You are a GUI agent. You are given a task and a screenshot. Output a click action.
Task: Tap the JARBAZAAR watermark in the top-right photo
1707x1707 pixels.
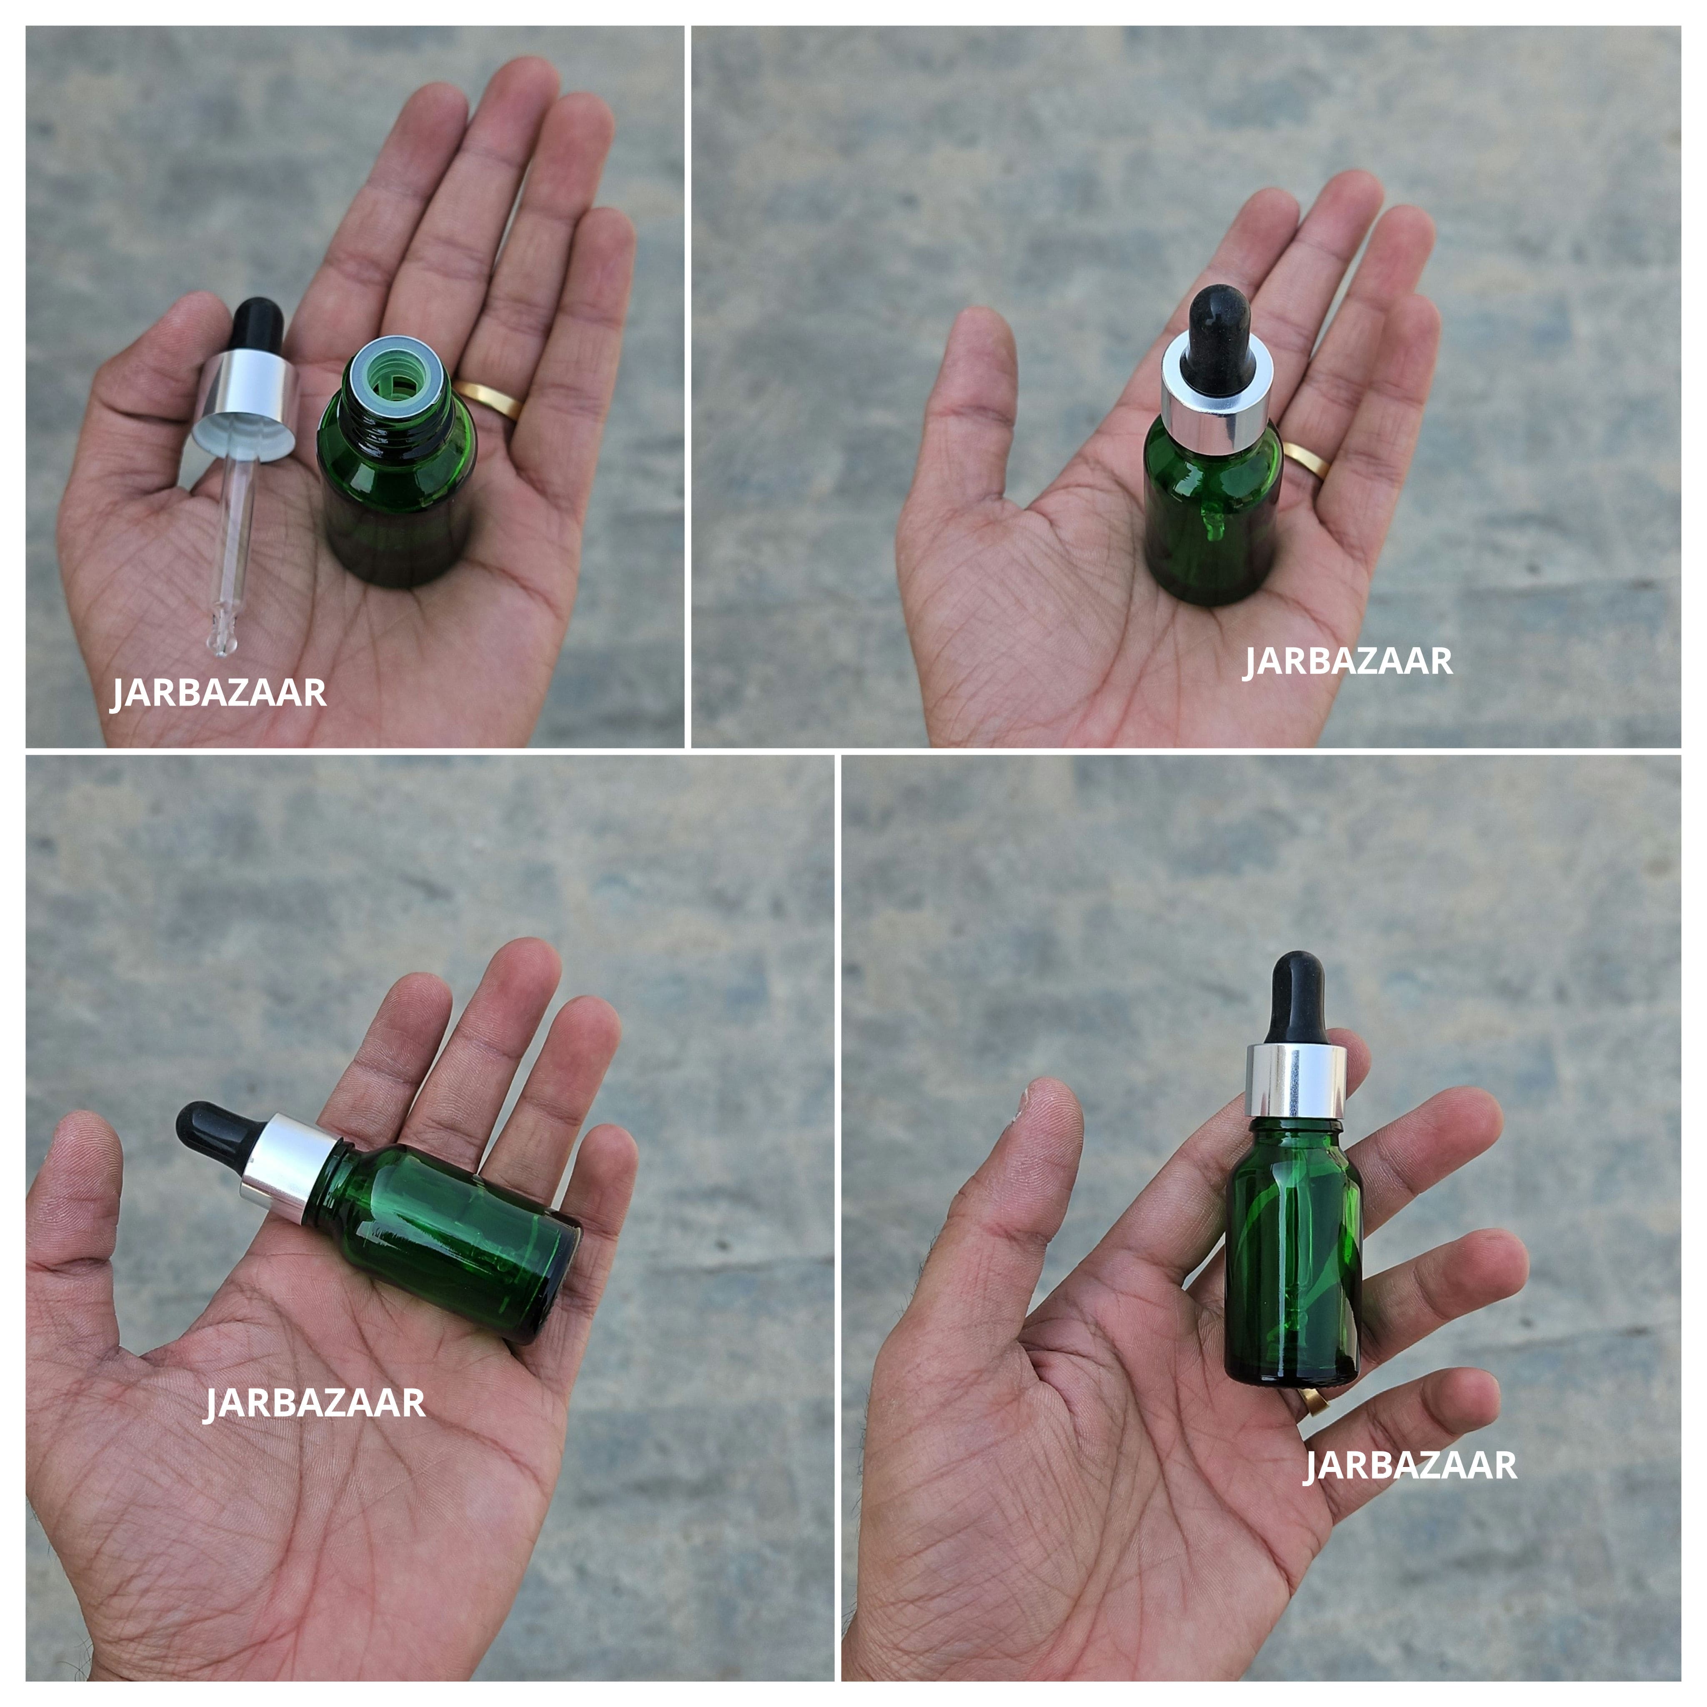(x=1347, y=662)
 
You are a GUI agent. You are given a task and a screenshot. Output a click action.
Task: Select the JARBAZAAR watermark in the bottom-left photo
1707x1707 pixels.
(x=315, y=1403)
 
